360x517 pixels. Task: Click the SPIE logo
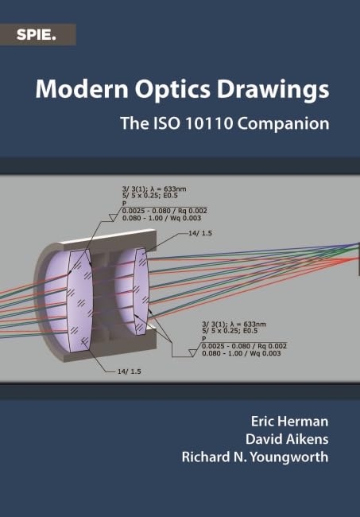[x=37, y=35]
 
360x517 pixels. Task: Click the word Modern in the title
[x=82, y=88]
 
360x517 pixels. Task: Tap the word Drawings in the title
[x=273, y=89]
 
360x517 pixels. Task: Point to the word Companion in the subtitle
[x=283, y=124]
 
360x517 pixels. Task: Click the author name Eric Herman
[x=289, y=422]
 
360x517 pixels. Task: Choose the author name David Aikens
[x=287, y=439]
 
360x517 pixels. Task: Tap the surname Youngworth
[x=288, y=457]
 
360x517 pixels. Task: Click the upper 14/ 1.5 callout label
[x=200, y=233]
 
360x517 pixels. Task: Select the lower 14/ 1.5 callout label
[x=129, y=371]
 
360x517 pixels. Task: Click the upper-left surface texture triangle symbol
[x=113, y=217]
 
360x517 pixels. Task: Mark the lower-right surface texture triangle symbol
[x=192, y=353]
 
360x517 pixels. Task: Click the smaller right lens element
[x=141, y=291]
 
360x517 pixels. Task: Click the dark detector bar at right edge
[x=358, y=258]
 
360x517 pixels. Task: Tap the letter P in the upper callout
[x=124, y=204]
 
